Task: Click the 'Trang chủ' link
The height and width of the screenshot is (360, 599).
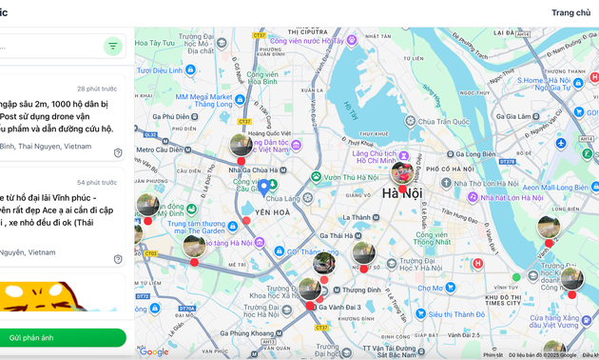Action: coord(570,12)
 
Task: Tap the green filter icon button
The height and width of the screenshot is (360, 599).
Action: coord(113,46)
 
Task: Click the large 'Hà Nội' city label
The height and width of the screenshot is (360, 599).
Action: coord(402,194)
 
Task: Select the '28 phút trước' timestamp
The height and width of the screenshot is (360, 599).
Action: coord(97,89)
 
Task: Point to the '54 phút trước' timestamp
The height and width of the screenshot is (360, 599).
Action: coord(97,182)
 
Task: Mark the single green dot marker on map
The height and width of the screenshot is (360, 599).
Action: coord(516,277)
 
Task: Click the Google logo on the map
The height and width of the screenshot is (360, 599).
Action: coord(153,351)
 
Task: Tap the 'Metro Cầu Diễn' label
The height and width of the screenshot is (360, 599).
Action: coord(161,150)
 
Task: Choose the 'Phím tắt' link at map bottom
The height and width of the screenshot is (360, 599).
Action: coord(493,355)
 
